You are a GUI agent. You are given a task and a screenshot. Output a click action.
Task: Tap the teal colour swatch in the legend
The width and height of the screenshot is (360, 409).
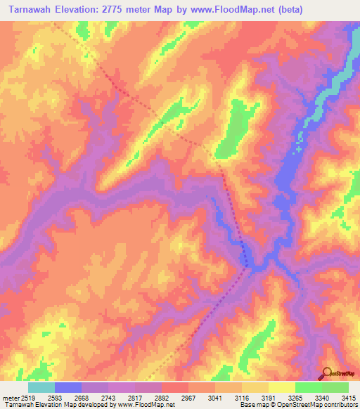41,387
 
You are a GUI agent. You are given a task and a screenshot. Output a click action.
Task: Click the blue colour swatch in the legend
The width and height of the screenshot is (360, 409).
68,387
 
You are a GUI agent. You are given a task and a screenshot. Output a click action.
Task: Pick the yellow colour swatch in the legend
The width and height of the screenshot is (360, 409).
282,387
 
